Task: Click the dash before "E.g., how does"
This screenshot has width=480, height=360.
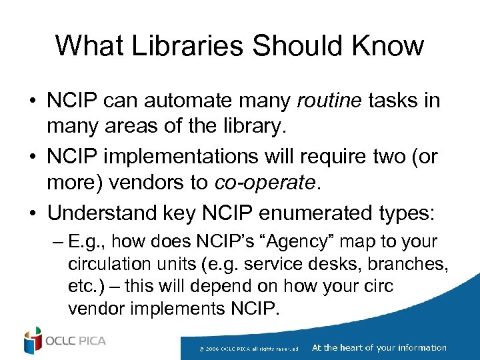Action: pyautogui.click(x=56, y=242)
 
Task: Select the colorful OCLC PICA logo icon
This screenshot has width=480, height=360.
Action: pyautogui.click(x=32, y=341)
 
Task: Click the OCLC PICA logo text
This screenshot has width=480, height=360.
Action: pyautogui.click(x=75, y=341)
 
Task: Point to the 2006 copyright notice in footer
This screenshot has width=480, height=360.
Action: pyautogui.click(x=253, y=348)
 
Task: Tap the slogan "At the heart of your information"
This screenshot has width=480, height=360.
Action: pyautogui.click(x=379, y=347)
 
